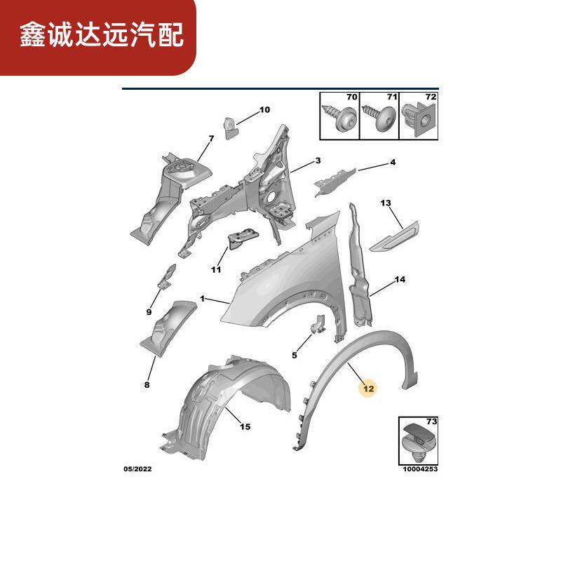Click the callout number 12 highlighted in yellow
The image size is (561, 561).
(369, 387)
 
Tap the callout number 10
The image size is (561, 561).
(264, 109)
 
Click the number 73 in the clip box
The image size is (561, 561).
(431, 421)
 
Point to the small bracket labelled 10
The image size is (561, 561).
(229, 126)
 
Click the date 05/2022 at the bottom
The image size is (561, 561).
(139, 469)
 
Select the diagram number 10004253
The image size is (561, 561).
(420, 469)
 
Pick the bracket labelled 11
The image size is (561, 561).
(240, 241)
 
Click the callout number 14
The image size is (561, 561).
(400, 279)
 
